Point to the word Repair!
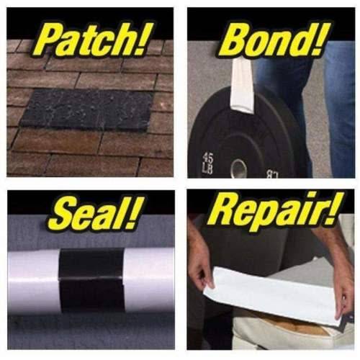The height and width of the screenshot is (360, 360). pos(276,211)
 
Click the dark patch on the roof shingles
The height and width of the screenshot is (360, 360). pos(87,109)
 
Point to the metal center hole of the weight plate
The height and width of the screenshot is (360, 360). pos(238,168)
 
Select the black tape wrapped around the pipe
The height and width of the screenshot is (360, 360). pos(91,279)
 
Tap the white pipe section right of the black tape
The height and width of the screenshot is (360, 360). pos(149,279)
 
